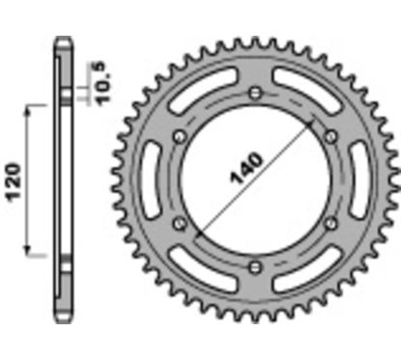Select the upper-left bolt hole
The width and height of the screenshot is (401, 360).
coord(178,136)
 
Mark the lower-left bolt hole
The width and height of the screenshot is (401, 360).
coord(178,224)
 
